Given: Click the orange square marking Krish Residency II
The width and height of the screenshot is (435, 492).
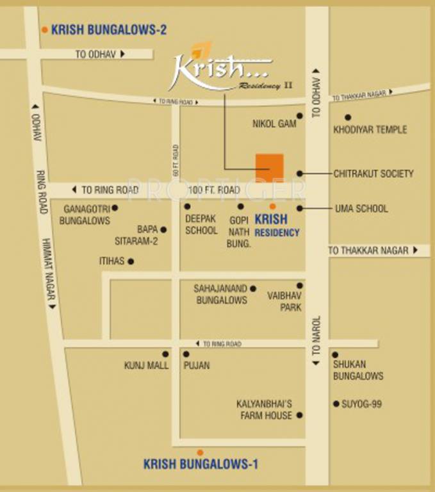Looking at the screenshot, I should tap(270, 167).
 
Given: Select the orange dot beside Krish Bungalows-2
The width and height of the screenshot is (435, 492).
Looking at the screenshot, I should tap(44, 29).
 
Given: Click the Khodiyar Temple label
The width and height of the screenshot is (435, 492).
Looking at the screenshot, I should tap(370, 129).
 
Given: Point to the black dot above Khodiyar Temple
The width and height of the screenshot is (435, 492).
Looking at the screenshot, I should tap(348, 117).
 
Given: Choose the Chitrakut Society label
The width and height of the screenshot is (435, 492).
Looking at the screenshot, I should tap(373, 174).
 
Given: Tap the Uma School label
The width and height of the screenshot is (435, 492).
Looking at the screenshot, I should tap(361, 209).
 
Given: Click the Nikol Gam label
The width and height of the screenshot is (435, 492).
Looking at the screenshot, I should tap(274, 124).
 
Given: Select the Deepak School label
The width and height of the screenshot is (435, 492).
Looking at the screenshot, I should tap(201, 224).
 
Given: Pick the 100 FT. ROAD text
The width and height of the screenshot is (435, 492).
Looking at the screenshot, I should tap(214, 190).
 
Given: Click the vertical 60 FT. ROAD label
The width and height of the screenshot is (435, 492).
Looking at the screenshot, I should tap(175, 161).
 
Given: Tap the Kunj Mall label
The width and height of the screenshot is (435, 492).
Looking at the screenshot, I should tap(146, 366).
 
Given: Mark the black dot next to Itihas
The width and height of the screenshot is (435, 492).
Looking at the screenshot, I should tap(131, 261).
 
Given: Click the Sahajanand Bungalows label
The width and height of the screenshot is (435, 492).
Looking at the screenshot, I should tap(221, 294).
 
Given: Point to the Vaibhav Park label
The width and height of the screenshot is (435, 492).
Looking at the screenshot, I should tap(285, 301).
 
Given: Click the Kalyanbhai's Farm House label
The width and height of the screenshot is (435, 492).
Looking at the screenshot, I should tap(264, 410).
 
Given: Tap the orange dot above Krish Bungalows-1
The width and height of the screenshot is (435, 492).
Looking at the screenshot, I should tap(200, 452).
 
